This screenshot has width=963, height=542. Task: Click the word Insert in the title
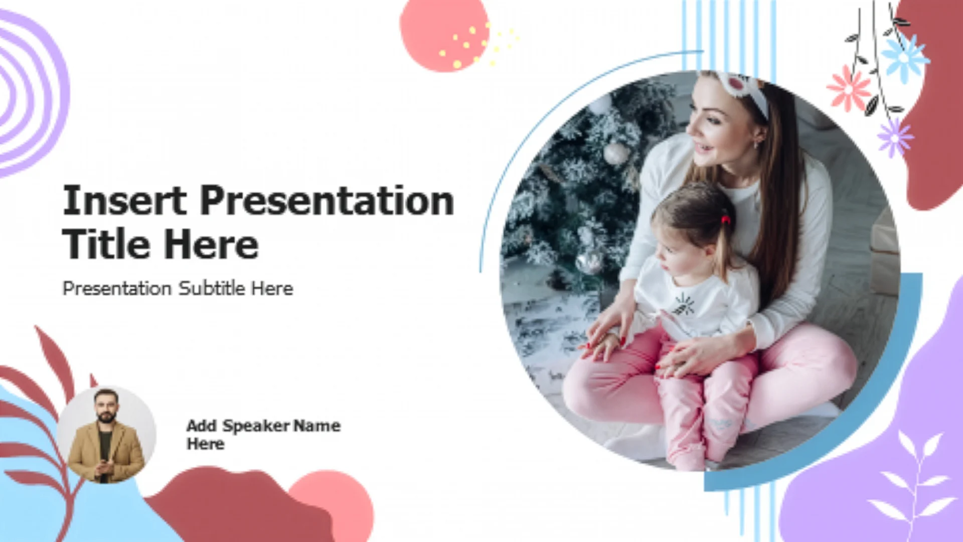[124, 200]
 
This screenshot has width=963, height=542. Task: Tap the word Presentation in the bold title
[327, 200]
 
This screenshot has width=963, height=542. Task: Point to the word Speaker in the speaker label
[256, 426]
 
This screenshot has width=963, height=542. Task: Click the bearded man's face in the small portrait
[106, 408]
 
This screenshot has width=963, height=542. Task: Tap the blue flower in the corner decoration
[904, 58]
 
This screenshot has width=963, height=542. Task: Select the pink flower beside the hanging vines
[849, 89]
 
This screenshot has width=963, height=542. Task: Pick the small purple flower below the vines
[895, 138]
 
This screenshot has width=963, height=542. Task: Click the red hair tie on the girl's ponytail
[725, 219]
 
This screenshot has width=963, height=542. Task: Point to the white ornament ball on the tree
[615, 153]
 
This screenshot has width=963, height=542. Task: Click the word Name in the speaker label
[317, 426]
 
